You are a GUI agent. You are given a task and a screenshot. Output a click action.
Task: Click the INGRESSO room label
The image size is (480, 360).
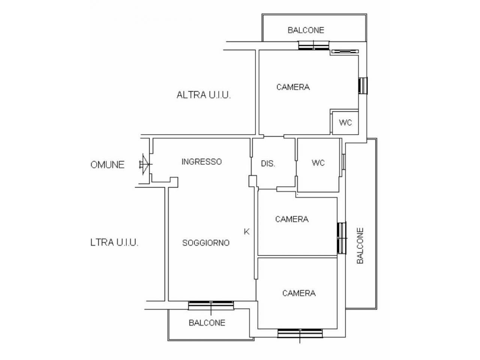[x=201, y=162]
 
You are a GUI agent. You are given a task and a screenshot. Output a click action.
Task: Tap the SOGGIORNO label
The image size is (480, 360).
[x=206, y=243]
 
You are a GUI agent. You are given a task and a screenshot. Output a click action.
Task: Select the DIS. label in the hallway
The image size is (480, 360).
[x=268, y=163]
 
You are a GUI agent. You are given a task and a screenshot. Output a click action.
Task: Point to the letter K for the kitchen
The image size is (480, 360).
[x=246, y=232]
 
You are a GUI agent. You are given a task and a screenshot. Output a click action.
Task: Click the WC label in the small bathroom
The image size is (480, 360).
[x=345, y=122]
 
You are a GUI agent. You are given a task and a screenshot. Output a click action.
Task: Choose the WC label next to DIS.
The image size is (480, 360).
[x=318, y=163]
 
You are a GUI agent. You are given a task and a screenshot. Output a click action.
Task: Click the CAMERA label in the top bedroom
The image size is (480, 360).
[x=293, y=87]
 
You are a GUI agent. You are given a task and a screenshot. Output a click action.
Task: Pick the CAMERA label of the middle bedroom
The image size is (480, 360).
[x=292, y=219]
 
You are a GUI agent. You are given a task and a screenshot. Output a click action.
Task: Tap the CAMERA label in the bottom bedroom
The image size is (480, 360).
[x=299, y=293]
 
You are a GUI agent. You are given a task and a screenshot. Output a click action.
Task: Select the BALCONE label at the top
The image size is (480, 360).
[x=306, y=30]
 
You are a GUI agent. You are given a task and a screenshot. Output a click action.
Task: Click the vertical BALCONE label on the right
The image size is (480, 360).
[x=360, y=246]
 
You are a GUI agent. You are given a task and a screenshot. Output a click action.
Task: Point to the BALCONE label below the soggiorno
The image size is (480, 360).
[x=207, y=323]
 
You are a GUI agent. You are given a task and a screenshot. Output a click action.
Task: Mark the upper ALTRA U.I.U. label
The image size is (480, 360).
[x=204, y=95]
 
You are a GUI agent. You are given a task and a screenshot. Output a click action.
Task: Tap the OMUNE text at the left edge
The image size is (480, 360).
[x=107, y=165]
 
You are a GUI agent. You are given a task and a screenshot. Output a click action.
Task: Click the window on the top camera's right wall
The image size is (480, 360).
[x=363, y=85]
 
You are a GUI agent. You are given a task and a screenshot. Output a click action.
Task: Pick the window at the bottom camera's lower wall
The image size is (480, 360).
[x=300, y=334]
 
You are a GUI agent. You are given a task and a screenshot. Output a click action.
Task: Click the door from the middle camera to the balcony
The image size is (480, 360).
[x=342, y=238]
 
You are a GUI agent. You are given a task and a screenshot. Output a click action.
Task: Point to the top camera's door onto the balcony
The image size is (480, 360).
[x=313, y=45]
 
